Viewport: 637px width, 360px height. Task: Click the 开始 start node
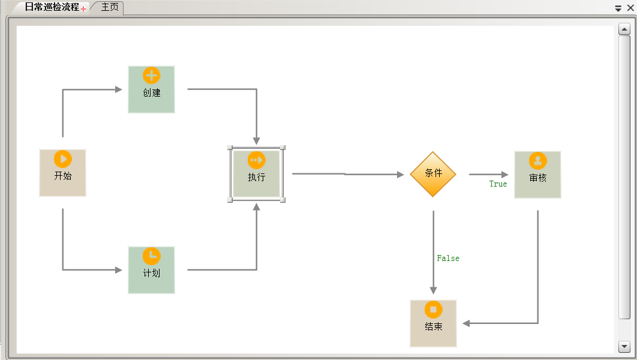click(x=62, y=173)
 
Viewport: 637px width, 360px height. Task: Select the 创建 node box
click(x=151, y=89)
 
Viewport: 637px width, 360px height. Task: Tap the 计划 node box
click(x=151, y=270)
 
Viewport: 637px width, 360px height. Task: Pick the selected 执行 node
click(x=257, y=174)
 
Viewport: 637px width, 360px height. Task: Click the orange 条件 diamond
click(x=433, y=173)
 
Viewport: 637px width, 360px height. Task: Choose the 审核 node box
click(x=537, y=175)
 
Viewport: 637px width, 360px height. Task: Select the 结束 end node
click(x=433, y=323)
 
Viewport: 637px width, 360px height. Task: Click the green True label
click(x=498, y=184)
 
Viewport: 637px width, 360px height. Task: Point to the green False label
click(x=448, y=259)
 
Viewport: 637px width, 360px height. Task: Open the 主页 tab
click(x=110, y=7)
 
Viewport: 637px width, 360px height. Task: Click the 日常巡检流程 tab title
click(x=52, y=7)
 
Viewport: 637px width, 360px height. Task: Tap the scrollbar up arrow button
click(x=624, y=29)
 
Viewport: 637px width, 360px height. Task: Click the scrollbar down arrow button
click(x=624, y=346)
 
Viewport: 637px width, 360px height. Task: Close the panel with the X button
click(x=630, y=8)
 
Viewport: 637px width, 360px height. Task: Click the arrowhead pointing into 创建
click(x=118, y=90)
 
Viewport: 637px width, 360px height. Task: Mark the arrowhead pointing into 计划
click(x=118, y=270)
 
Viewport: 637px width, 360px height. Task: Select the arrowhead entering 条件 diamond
click(x=401, y=175)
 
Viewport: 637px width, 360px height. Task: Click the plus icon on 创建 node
click(x=151, y=76)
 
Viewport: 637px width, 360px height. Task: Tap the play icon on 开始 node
click(x=62, y=159)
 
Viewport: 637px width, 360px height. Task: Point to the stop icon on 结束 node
click(x=433, y=310)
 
